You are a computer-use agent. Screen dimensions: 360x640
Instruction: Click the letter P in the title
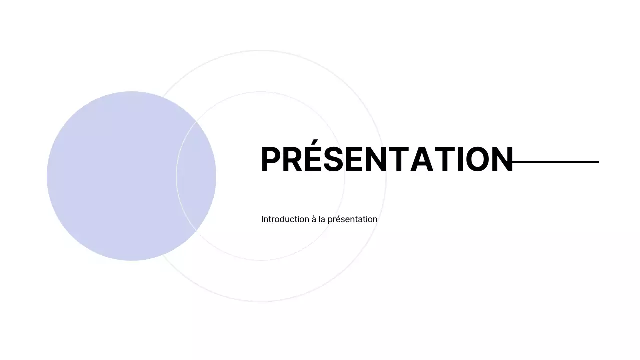271,160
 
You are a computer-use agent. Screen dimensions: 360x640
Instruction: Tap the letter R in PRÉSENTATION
293,160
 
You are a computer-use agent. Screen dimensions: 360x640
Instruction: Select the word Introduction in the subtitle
284,219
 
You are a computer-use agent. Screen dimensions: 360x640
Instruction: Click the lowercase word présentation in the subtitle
352,219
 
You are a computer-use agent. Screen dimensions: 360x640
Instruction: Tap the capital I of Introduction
262,219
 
